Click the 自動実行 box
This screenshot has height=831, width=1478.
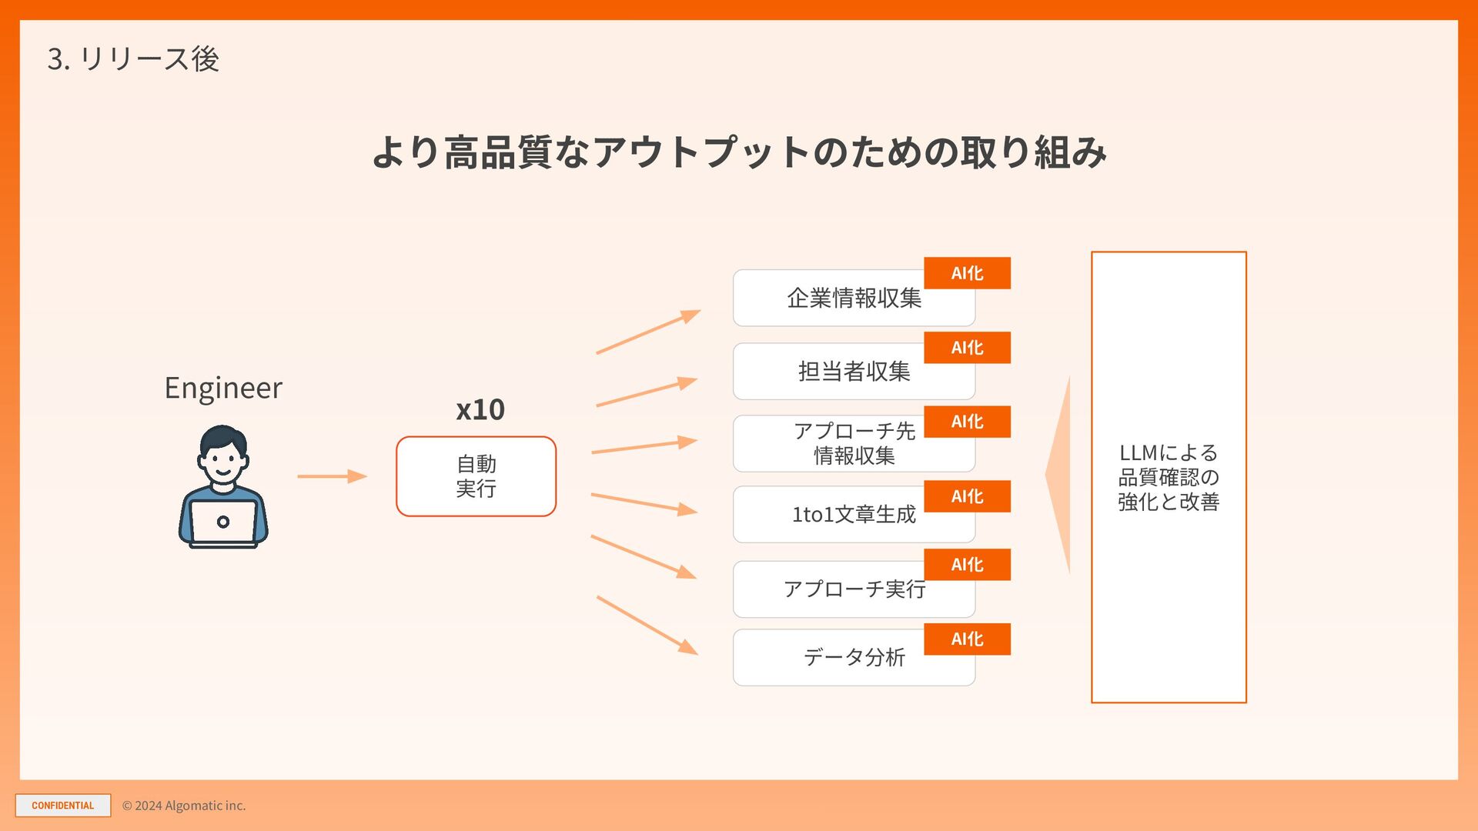coord(476,476)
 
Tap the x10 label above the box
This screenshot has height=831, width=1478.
coord(480,409)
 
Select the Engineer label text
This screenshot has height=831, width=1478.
coord(223,388)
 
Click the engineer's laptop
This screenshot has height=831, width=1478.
coord(223,523)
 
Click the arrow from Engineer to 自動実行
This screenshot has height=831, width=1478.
coord(332,476)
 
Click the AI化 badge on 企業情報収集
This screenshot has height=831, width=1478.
coord(967,273)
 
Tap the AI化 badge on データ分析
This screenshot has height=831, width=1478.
coord(967,639)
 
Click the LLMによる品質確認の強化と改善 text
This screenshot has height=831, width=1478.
coord(1169,477)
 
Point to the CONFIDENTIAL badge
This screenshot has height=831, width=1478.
coord(63,806)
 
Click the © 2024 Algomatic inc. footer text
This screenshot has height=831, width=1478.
coord(184,806)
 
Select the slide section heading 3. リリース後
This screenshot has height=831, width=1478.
coord(133,59)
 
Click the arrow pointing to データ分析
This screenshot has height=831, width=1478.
coord(647,626)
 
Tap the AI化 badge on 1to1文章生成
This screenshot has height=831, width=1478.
coord(967,496)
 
